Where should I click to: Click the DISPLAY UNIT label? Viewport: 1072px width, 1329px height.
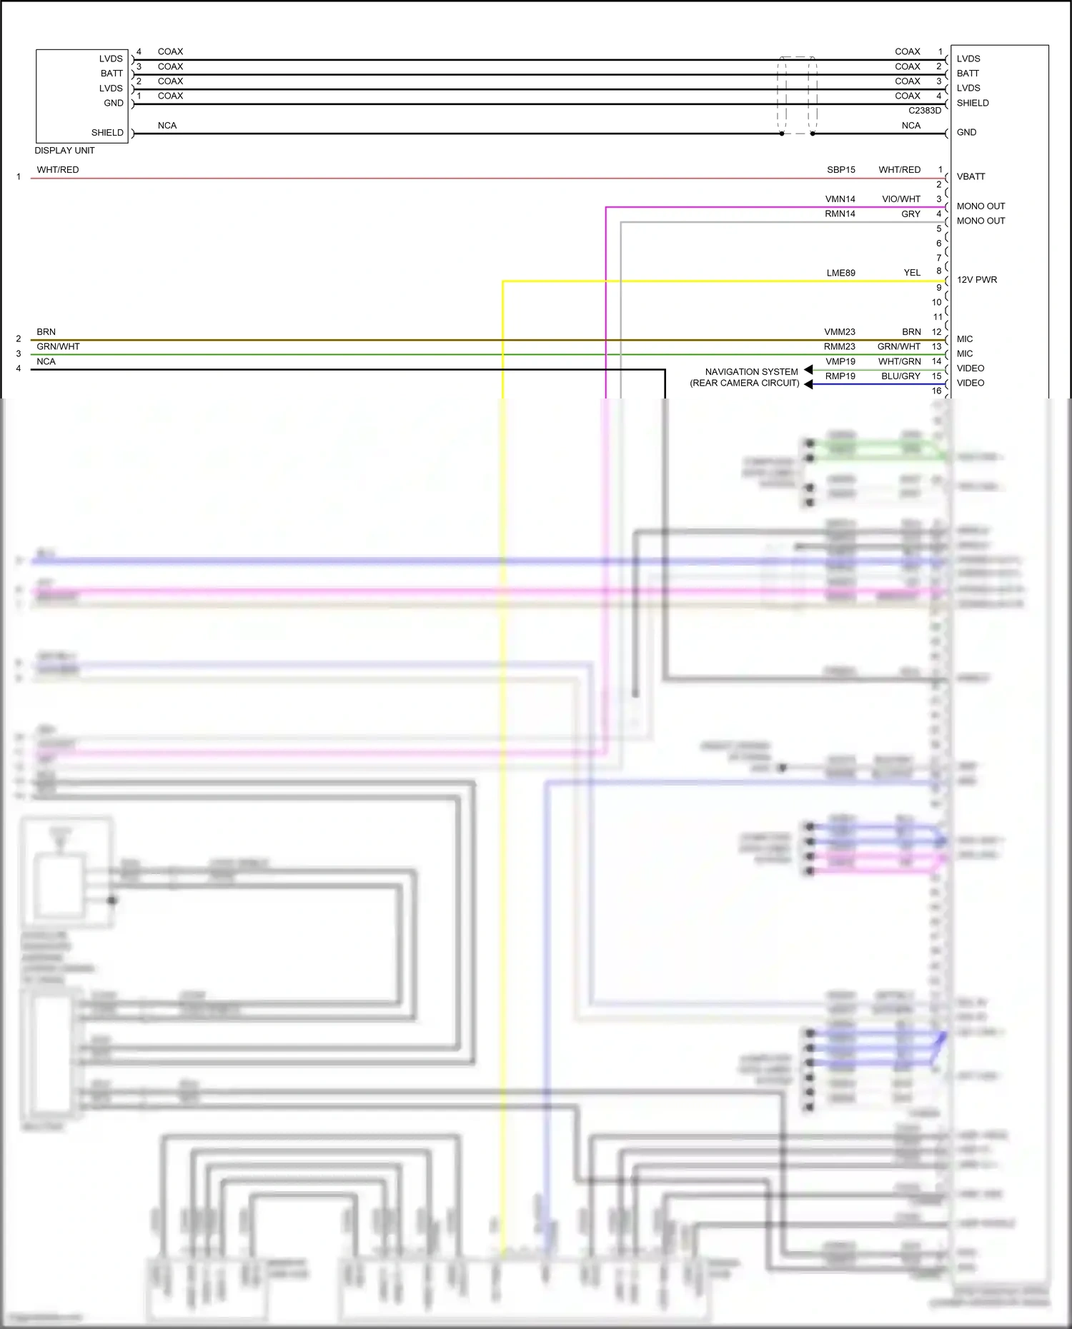pos(64,151)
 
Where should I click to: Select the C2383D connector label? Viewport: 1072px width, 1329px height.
pos(925,111)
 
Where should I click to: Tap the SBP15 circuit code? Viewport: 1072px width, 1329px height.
pos(841,170)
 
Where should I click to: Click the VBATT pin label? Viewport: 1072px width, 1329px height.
pos(971,176)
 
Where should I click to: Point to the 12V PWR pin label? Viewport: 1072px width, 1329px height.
pos(976,280)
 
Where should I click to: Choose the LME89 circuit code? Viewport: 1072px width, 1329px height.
pos(841,273)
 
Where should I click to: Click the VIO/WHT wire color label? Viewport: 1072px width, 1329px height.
pos(901,199)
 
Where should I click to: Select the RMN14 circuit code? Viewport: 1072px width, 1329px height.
pos(840,214)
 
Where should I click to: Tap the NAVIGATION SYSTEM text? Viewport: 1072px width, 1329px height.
pos(751,372)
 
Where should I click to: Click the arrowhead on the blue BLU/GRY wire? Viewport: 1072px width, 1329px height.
pos(808,384)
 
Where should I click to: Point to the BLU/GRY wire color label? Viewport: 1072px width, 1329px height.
pos(900,376)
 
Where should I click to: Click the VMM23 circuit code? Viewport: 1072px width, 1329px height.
pos(840,332)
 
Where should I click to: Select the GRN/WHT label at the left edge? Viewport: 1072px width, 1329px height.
pos(59,347)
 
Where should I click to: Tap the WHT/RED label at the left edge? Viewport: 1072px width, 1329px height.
pos(58,170)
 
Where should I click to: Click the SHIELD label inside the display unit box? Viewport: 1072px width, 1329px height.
pos(107,133)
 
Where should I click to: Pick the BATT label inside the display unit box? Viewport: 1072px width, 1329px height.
pos(111,74)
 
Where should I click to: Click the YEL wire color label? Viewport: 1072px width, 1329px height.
pos(912,273)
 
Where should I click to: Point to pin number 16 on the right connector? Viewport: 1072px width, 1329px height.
pos(936,391)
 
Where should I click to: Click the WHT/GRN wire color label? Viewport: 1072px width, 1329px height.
pos(900,361)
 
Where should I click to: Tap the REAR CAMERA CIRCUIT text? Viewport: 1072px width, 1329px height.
pos(745,383)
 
